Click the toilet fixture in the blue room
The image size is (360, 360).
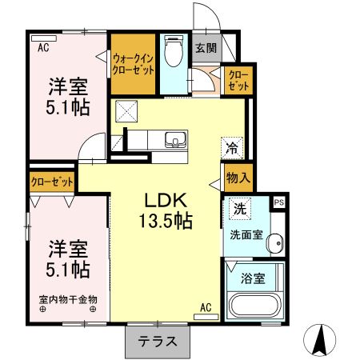[173, 52]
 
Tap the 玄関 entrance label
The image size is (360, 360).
[206, 48]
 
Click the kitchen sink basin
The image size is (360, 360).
[175, 141]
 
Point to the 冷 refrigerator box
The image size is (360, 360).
[230, 147]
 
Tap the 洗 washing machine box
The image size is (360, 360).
[240, 209]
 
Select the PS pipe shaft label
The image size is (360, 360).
[278, 203]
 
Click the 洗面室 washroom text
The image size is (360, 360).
[247, 237]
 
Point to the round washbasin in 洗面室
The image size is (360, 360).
[275, 242]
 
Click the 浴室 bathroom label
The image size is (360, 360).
[253, 280]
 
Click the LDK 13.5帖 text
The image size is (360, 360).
[167, 210]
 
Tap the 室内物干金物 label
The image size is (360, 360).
[67, 301]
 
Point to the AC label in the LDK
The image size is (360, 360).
[206, 306]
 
